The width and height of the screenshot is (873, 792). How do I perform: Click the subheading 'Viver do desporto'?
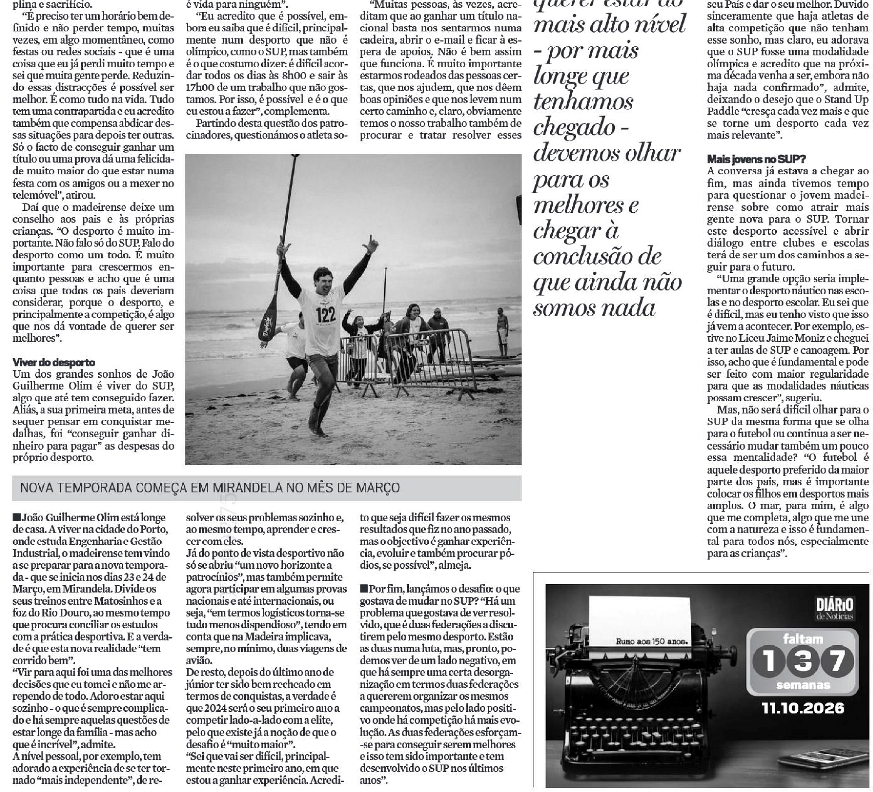tap(53, 362)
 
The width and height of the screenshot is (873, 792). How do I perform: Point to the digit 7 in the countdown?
tap(837, 661)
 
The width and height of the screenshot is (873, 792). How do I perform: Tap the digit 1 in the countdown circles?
tap(769, 661)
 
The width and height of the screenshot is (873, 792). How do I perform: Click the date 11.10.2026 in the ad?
tap(803, 709)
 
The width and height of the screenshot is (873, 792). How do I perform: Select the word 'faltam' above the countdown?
tap(803, 639)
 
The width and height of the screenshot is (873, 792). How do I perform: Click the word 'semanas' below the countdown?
tap(803, 685)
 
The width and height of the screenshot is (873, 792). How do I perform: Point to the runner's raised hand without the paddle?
tap(371, 245)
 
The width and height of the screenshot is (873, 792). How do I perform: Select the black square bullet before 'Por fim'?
tap(364, 589)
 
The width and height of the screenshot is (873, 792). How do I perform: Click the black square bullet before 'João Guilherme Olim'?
tap(16, 518)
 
